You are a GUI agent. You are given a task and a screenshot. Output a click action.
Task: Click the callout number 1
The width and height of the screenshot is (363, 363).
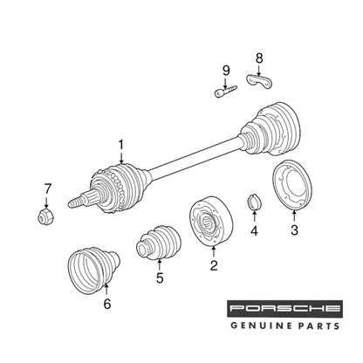click(120, 146)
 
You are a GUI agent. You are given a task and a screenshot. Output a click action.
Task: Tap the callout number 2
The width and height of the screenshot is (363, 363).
click(214, 265)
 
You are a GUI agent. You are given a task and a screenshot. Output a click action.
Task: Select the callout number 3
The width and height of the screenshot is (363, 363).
click(294, 230)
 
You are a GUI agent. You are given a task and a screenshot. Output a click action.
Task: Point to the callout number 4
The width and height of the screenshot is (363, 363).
click(254, 231)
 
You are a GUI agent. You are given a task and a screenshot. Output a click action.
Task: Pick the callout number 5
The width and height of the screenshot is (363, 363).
click(160, 278)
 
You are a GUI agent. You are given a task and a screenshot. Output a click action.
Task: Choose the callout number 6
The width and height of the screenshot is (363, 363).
click(107, 304)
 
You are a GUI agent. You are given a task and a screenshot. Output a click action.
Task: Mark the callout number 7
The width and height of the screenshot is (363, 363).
click(47, 188)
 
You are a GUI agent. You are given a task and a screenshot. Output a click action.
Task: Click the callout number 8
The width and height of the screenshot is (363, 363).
click(259, 58)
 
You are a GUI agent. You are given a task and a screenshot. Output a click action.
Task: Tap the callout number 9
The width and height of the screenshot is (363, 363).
click(226, 71)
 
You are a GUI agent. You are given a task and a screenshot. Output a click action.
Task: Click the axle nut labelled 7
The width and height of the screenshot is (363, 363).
click(46, 216)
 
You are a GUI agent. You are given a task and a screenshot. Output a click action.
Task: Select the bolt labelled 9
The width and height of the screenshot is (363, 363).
click(225, 91)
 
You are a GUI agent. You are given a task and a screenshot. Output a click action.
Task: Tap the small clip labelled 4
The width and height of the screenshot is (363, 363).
click(254, 202)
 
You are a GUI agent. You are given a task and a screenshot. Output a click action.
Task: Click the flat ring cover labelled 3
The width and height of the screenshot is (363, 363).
click(292, 185)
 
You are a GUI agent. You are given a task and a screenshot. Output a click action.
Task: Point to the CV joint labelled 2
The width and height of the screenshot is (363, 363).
click(211, 221)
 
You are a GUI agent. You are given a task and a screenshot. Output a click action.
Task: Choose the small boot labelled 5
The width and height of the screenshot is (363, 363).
click(159, 242)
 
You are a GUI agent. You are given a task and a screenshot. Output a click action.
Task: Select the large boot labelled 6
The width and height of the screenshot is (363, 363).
click(93, 271)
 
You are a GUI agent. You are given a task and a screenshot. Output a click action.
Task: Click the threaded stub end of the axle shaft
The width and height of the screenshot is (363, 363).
click(76, 202)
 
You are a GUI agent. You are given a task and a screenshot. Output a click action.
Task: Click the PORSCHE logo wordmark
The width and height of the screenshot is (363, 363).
click(284, 309)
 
